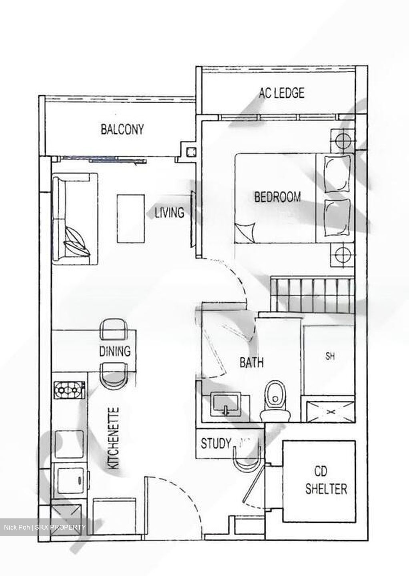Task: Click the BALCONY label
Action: pyautogui.click(x=122, y=129)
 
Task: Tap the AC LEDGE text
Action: pyautogui.click(x=281, y=93)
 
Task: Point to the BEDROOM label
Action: pyautogui.click(x=277, y=197)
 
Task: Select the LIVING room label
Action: pyautogui.click(x=170, y=212)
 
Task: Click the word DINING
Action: pyautogui.click(x=115, y=351)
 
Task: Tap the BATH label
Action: pyautogui.click(x=251, y=362)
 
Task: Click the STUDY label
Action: pyautogui.click(x=216, y=443)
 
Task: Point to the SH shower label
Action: pyautogui.click(x=330, y=356)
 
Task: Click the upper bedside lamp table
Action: pyautogui.click(x=342, y=140)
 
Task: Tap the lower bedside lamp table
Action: pyautogui.click(x=342, y=254)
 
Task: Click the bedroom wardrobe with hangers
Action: pyautogui.click(x=312, y=294)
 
